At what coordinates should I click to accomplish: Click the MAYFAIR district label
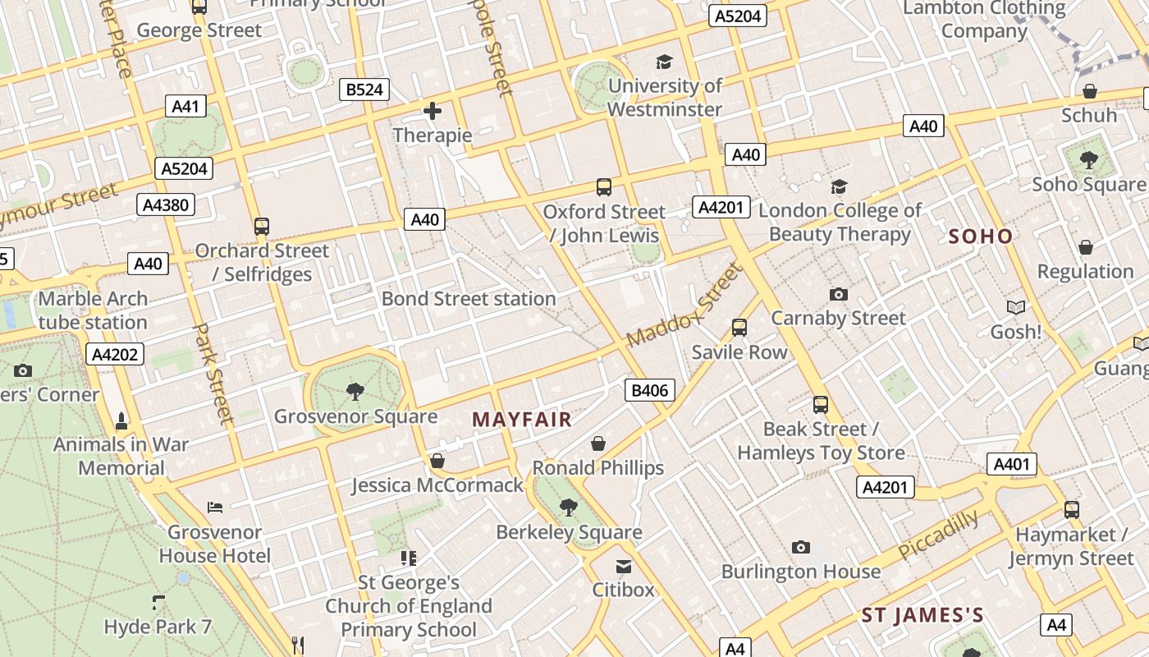click(x=522, y=420)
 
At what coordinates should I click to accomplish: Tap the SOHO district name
click(x=981, y=237)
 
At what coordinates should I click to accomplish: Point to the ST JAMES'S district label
click(x=922, y=615)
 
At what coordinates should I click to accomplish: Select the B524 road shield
click(x=364, y=90)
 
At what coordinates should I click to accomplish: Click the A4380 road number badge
click(x=166, y=204)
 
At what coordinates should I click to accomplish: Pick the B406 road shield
click(x=649, y=390)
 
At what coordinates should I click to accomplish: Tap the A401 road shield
click(x=1011, y=464)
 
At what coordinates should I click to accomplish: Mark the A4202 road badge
click(x=115, y=355)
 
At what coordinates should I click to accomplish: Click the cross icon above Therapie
click(x=433, y=111)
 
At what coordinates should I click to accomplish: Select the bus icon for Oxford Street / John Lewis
click(x=604, y=187)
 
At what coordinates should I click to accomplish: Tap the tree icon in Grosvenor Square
click(x=355, y=391)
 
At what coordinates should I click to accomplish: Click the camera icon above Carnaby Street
click(x=838, y=294)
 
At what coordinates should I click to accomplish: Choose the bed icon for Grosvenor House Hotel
click(x=215, y=508)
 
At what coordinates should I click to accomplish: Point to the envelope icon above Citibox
click(x=624, y=566)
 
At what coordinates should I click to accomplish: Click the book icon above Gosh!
click(x=1016, y=308)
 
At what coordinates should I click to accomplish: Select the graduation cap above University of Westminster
click(x=664, y=62)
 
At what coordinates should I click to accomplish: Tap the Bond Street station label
click(x=469, y=299)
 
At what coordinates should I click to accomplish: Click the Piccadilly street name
click(x=939, y=535)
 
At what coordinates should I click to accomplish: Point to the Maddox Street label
click(x=683, y=306)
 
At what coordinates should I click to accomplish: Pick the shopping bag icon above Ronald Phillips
click(x=598, y=443)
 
